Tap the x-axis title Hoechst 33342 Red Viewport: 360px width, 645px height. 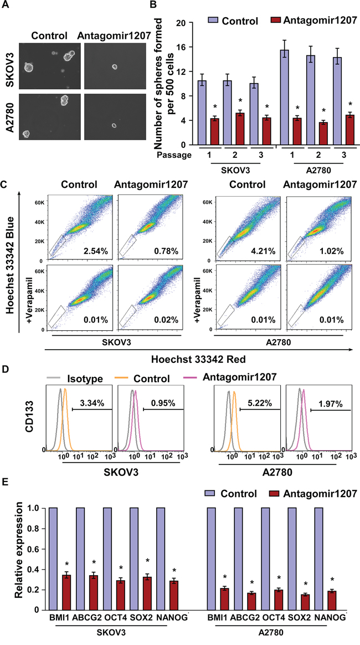pos(202,360)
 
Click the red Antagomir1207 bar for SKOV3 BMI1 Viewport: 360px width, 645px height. pos(66,592)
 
